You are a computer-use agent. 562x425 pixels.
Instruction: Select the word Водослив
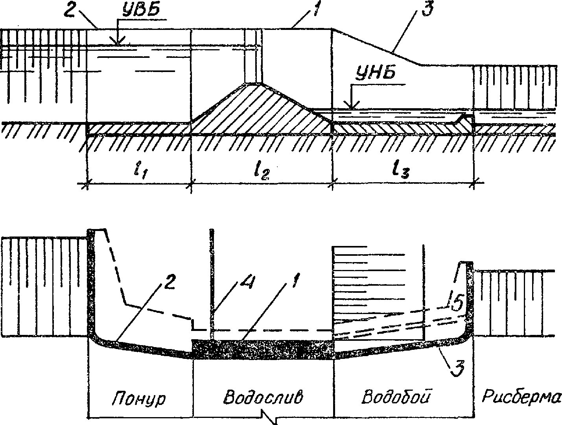(x=263, y=397)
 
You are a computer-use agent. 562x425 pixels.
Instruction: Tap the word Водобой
(x=396, y=396)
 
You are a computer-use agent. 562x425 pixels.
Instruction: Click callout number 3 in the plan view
(x=458, y=369)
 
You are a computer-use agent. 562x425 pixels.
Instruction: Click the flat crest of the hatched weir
(x=252, y=83)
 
